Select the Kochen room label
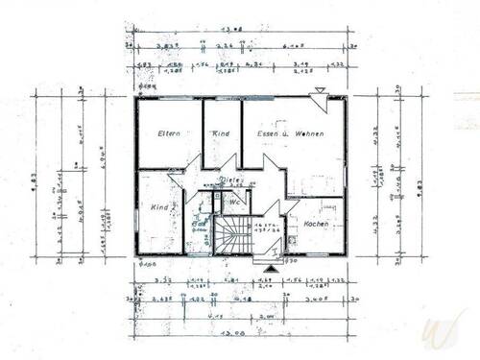[316, 223]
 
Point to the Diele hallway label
[230, 180]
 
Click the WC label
[235, 202]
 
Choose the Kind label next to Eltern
[221, 134]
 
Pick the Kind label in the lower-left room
[158, 207]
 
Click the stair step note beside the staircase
[266, 228]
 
